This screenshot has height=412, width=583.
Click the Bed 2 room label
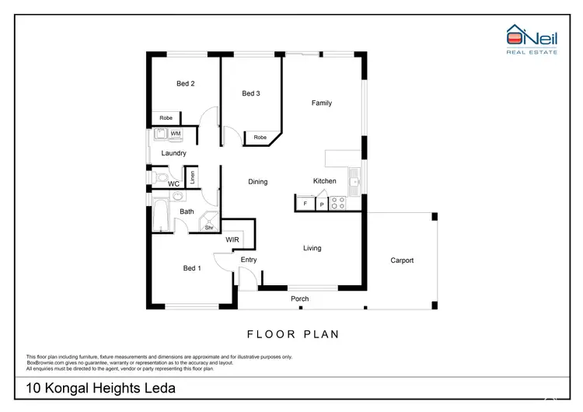click(x=185, y=83)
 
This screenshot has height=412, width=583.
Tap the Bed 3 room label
click(x=250, y=93)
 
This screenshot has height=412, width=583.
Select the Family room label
click(x=322, y=103)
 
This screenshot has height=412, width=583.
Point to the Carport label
click(x=402, y=260)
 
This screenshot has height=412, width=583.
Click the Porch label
click(x=299, y=299)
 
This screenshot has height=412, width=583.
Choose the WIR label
click(x=232, y=240)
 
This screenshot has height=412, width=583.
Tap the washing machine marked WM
click(x=176, y=134)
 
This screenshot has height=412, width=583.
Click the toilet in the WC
click(x=160, y=178)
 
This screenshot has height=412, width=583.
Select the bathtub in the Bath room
click(x=161, y=215)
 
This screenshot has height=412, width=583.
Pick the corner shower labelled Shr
click(x=209, y=224)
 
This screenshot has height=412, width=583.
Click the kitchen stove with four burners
click(x=339, y=203)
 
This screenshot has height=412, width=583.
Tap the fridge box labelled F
click(x=305, y=204)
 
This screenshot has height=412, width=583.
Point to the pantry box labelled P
click(x=321, y=204)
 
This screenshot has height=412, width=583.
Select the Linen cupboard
click(x=192, y=176)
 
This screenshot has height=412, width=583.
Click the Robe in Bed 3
click(x=259, y=138)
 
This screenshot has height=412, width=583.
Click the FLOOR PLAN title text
click(x=292, y=335)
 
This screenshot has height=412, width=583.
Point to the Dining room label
click(x=257, y=182)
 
